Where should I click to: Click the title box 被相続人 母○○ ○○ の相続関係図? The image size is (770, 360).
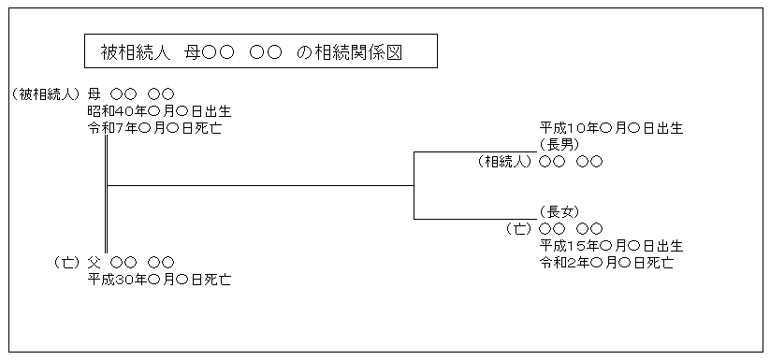click(x=260, y=52)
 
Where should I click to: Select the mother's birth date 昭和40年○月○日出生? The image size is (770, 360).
click(x=160, y=110)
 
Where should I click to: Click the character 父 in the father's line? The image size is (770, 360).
click(x=94, y=263)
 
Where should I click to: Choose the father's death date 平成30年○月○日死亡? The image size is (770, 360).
click(x=160, y=279)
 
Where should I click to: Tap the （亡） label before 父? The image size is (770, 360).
click(x=67, y=263)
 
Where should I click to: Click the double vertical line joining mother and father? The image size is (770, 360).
click(x=107, y=194)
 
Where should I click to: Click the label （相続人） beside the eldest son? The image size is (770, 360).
click(x=504, y=161)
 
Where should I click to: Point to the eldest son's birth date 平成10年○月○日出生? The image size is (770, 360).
click(x=611, y=127)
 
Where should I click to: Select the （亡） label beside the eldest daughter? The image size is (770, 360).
click(x=518, y=228)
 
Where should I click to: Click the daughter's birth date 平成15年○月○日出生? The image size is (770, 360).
click(x=611, y=245)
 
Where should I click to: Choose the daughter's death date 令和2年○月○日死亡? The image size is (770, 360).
click(x=606, y=262)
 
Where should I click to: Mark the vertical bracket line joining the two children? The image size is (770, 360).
click(x=414, y=186)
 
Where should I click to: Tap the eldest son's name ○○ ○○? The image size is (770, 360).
click(x=571, y=161)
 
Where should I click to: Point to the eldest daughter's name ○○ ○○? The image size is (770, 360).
click(x=571, y=228)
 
